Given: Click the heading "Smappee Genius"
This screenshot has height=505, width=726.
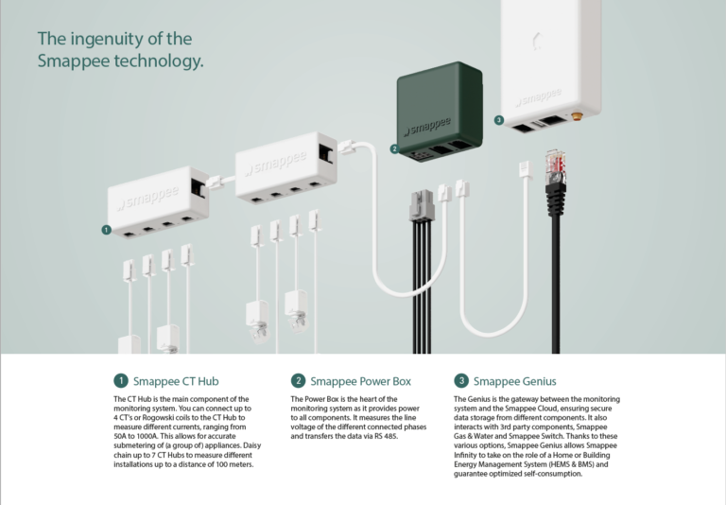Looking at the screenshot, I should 514,381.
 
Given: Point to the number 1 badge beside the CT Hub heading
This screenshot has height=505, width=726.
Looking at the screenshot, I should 120,381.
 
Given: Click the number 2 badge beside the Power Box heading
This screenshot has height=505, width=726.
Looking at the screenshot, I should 298,381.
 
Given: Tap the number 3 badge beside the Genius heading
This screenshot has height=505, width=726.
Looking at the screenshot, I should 461,381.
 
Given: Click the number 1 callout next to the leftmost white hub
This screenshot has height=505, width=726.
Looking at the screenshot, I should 106,229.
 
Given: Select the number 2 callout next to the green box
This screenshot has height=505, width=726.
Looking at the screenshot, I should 394,148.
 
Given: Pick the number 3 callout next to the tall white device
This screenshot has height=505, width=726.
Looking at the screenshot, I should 498,120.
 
